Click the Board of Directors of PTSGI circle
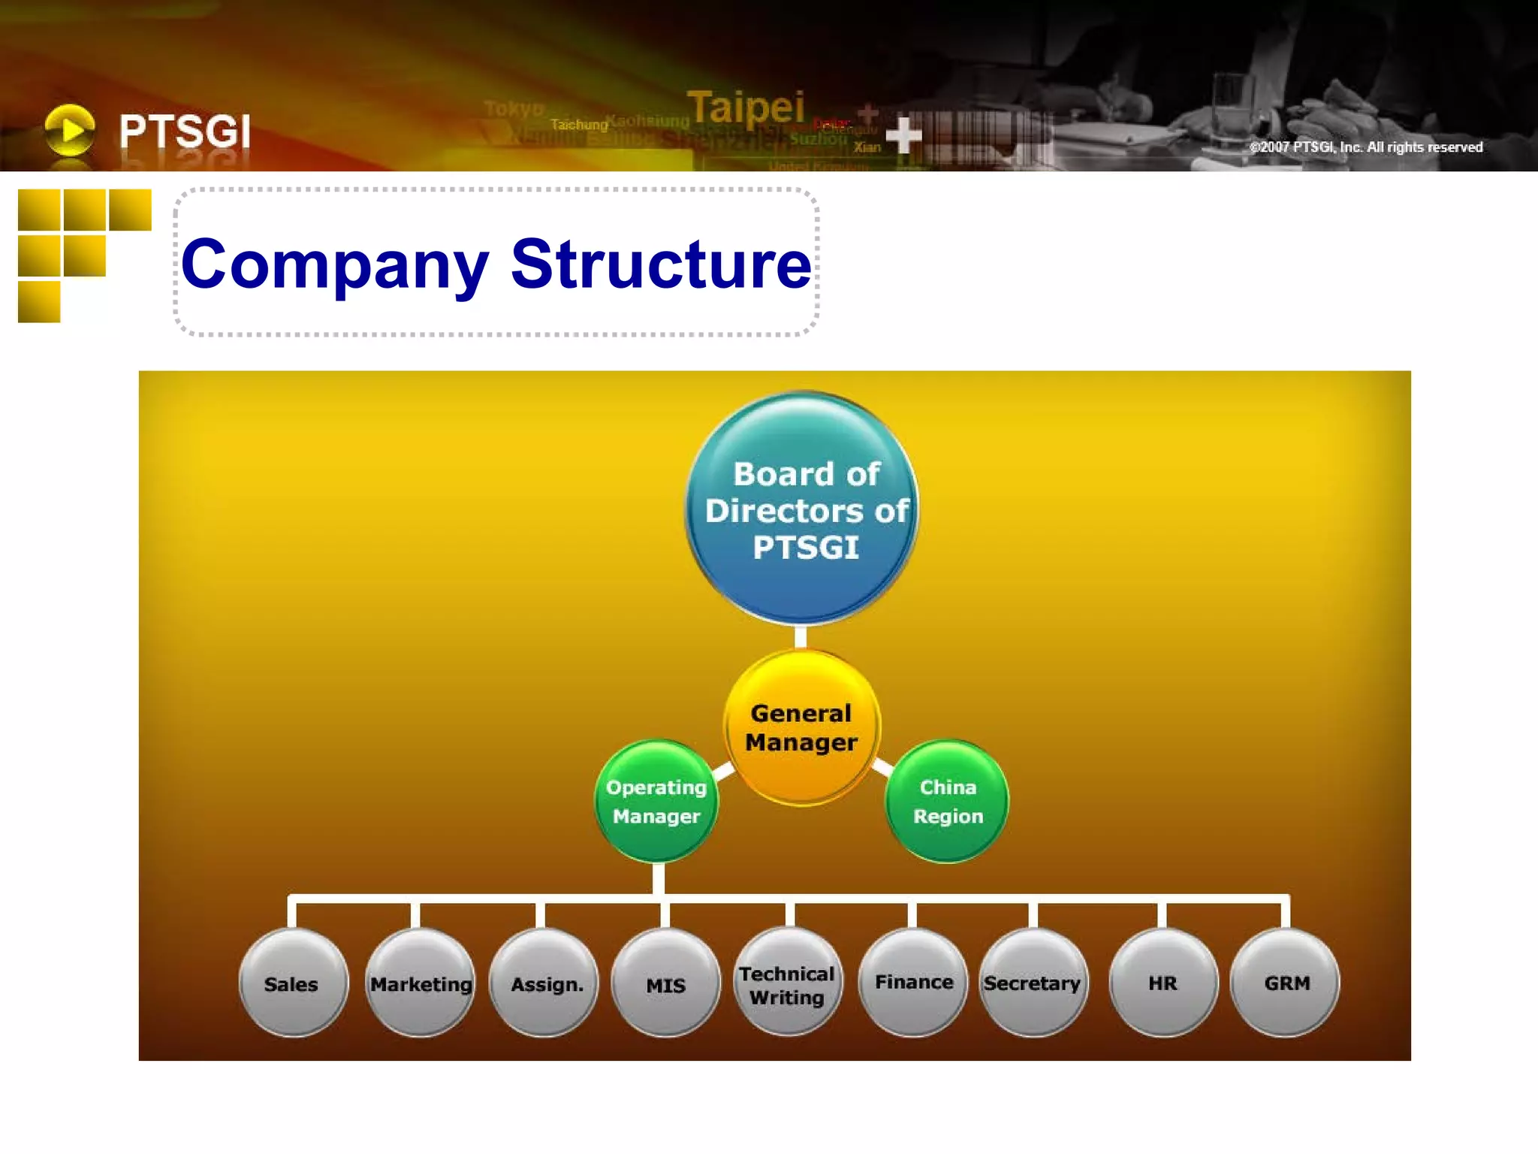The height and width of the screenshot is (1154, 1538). tap(802, 509)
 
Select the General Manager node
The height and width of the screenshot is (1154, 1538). tap(801, 727)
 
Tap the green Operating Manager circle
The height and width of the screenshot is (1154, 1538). tap(656, 802)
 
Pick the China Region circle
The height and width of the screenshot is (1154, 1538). tap(947, 802)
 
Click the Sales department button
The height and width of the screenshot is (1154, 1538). tap(293, 983)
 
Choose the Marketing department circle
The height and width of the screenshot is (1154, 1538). tap(421, 983)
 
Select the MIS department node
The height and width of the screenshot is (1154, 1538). tap(666, 983)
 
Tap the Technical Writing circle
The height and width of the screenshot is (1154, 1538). tap(788, 983)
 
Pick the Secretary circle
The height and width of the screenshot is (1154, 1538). tap(1033, 983)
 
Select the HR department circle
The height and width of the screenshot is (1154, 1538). tap(1163, 983)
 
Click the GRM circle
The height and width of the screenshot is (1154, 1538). tap(1286, 983)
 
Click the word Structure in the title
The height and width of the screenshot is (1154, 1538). tap(661, 264)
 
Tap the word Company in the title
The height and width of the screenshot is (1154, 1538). tap(335, 265)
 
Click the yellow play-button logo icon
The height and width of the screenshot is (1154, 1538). tap(70, 130)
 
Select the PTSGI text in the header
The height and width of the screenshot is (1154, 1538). tap(185, 131)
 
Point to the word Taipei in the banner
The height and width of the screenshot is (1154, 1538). tap(746, 107)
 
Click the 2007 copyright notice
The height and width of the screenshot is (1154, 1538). tap(1365, 147)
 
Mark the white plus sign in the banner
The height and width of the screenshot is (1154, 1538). tap(903, 135)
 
